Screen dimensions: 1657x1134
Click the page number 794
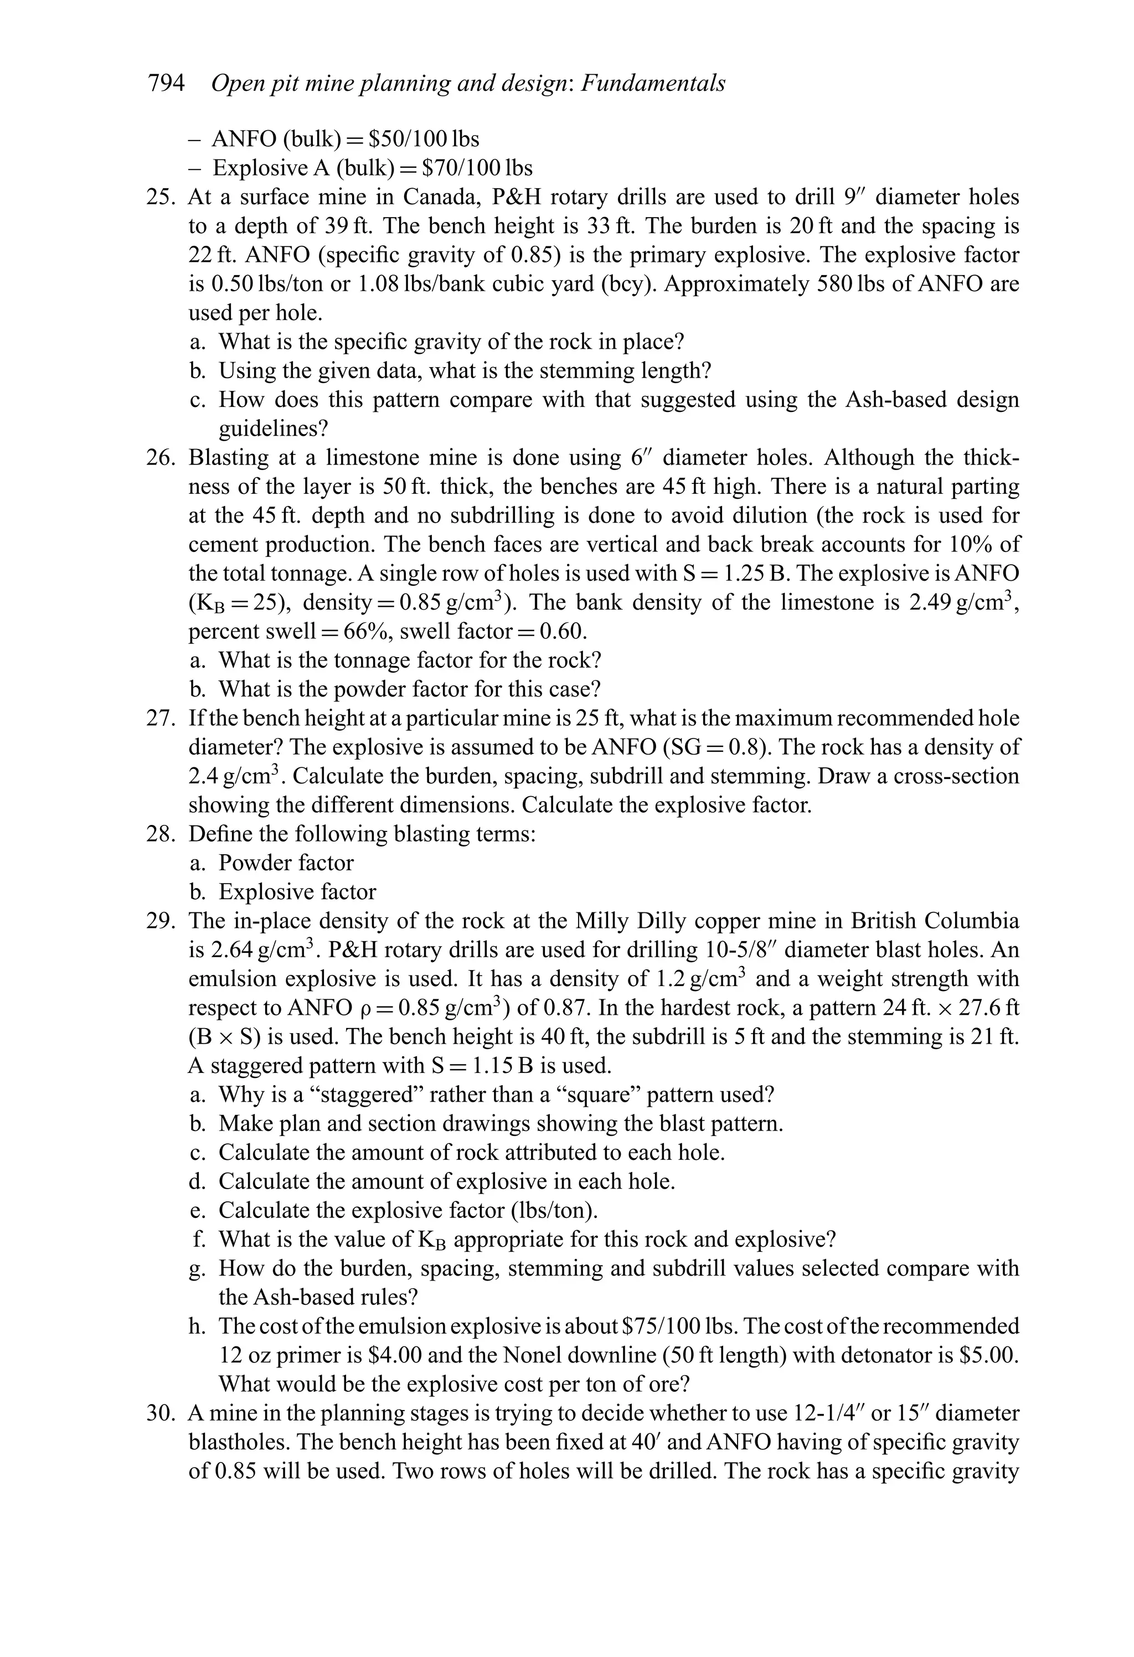166,84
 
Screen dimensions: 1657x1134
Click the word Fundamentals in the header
653,84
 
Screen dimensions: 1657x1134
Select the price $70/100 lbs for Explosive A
477,168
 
